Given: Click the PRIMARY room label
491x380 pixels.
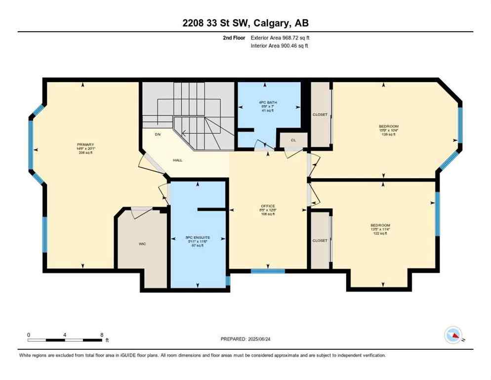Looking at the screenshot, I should pyautogui.click(x=85, y=144).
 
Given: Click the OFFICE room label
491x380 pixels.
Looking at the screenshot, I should pyautogui.click(x=268, y=206).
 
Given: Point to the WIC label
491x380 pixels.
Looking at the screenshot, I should pyautogui.click(x=142, y=243).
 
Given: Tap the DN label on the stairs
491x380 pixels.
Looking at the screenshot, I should pyautogui.click(x=158, y=134).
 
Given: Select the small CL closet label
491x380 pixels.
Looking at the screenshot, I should pyautogui.click(x=293, y=140).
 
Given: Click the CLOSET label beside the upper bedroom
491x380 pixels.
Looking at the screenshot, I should pyautogui.click(x=320, y=114).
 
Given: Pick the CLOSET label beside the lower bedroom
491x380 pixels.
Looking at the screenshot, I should pyautogui.click(x=320, y=240).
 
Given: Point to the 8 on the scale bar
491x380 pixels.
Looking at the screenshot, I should pyautogui.click(x=101, y=334).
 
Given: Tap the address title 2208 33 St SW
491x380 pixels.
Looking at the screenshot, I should pyautogui.click(x=245, y=23).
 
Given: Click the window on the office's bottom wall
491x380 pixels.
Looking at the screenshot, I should pyautogui.click(x=268, y=271).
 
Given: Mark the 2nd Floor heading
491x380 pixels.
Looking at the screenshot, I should pyautogui.click(x=234, y=38).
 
